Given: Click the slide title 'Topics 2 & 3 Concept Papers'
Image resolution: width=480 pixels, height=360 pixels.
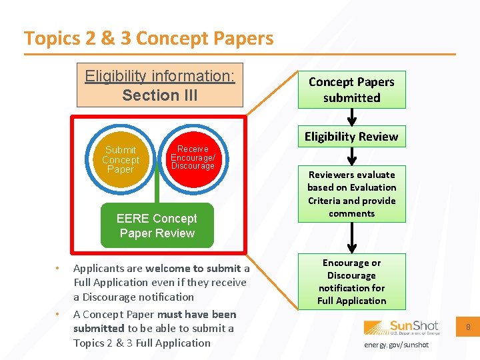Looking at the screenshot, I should (149, 39).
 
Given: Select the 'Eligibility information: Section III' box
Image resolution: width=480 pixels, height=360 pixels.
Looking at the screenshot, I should (160, 85).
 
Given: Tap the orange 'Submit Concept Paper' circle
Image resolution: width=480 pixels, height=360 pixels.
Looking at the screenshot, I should (121, 160).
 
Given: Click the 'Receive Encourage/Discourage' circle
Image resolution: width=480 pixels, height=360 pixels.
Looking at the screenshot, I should (192, 158).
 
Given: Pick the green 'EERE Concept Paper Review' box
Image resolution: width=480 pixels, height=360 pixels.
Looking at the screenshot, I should (157, 225).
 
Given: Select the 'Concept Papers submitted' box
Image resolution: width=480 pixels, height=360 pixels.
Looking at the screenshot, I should (351, 90).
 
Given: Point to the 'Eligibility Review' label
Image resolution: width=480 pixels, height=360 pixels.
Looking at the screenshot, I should (351, 137).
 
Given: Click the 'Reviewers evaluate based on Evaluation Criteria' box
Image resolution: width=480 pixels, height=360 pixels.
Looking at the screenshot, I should (351, 194).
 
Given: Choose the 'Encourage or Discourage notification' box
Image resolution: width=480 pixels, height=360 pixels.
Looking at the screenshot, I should (351, 281).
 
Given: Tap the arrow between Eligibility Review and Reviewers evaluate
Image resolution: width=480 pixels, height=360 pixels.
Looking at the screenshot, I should (351, 156).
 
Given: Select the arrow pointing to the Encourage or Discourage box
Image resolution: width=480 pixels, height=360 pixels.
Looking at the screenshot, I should (351, 237).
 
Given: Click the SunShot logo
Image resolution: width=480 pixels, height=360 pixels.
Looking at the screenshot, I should (401, 327).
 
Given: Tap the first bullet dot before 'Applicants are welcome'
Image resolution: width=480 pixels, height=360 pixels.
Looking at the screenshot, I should (57, 269).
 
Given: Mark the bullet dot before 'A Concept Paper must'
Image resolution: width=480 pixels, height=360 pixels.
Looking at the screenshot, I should (57, 314).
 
